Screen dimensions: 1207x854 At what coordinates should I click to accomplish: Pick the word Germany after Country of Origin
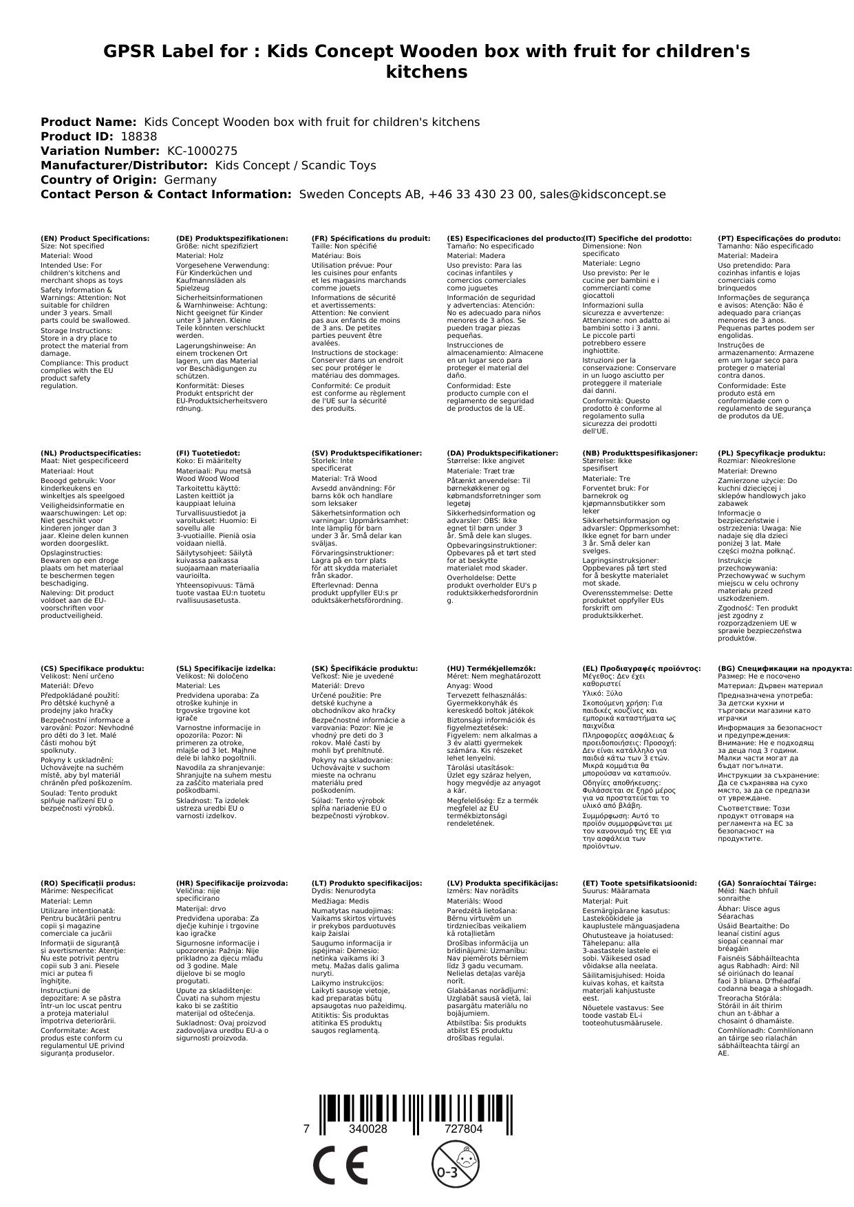click(x=190, y=180)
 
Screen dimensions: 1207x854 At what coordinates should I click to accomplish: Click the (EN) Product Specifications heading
click(x=95, y=238)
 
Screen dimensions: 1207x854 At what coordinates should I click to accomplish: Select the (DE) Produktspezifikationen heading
click(x=232, y=238)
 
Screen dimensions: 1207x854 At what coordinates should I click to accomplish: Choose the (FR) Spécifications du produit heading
click(x=370, y=238)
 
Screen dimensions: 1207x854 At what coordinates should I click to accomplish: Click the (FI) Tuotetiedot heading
click(x=208, y=453)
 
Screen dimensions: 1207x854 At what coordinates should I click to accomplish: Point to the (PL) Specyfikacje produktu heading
click(x=771, y=453)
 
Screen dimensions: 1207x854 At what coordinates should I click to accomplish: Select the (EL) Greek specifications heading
click(x=641, y=668)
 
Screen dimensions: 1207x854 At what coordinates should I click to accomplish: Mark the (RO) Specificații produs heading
click(x=88, y=883)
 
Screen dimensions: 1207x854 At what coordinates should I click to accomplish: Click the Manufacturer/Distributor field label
click(x=124, y=165)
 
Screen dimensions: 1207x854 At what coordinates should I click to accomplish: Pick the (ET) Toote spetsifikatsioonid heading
click(x=639, y=883)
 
